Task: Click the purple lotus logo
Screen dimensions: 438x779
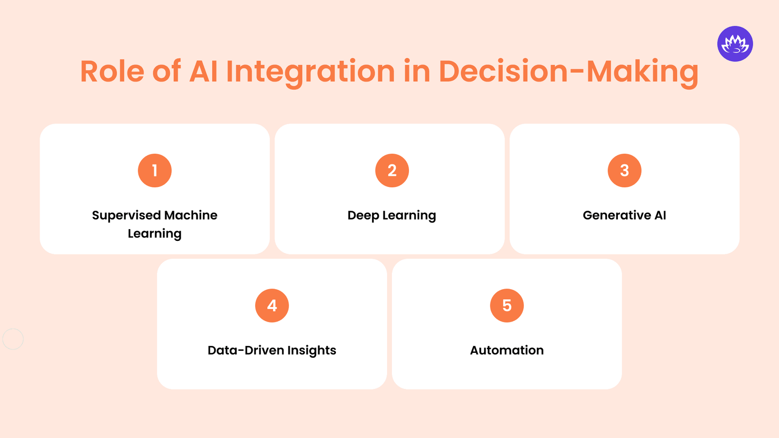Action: pos(735,44)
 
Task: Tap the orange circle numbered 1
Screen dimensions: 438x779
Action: pos(155,170)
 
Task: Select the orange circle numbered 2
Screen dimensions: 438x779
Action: pos(392,170)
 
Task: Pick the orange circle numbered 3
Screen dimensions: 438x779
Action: pos(624,170)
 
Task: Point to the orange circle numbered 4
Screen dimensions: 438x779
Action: pos(272,306)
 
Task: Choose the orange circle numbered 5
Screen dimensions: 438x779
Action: pos(507,306)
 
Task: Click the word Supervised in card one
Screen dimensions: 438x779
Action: pos(126,216)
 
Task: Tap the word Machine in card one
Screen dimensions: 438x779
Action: pos(191,215)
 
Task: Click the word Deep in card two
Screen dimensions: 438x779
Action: pos(363,216)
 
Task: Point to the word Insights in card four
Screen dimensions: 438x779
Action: pos(312,351)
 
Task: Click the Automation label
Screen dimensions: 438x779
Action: pos(507,350)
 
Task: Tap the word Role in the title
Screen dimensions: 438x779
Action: pos(112,72)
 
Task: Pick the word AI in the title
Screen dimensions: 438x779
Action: pos(203,72)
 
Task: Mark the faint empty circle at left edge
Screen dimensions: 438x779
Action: pos(13,339)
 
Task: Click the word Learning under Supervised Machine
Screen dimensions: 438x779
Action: pos(155,234)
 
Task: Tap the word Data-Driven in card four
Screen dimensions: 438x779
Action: pos(245,350)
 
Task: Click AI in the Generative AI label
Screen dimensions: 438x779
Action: pos(660,215)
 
